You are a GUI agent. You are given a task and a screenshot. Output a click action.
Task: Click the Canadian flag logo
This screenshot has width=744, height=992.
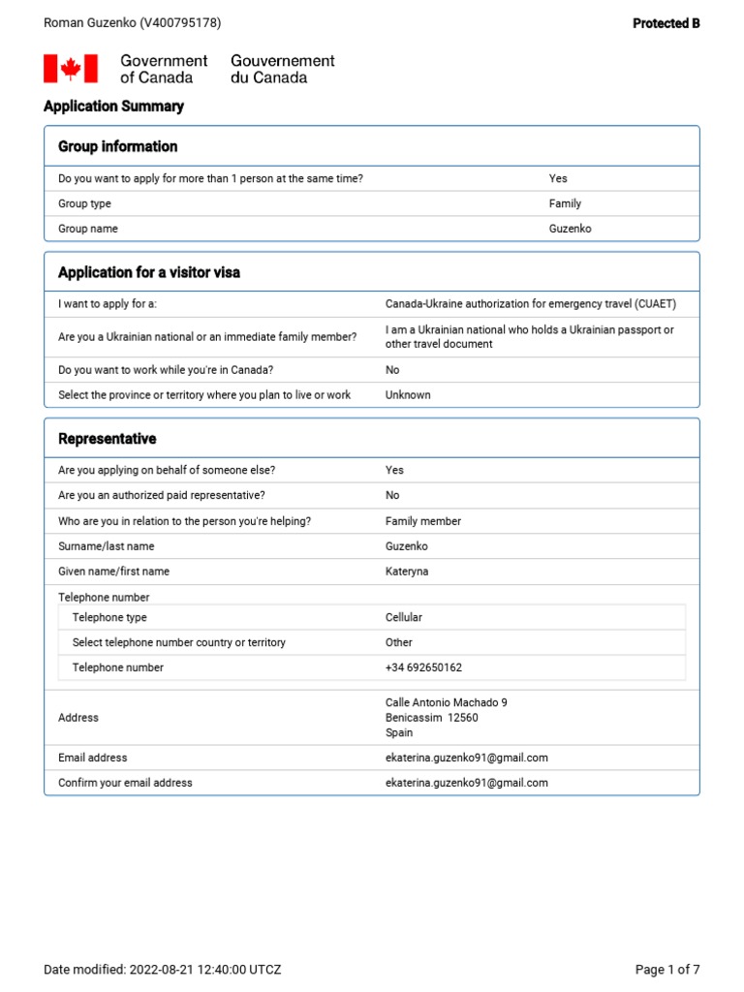coord(71,69)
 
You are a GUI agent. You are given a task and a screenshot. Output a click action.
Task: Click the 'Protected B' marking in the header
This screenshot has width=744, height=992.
coord(666,23)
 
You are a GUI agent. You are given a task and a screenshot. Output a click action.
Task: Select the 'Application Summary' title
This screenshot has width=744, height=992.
coord(113,107)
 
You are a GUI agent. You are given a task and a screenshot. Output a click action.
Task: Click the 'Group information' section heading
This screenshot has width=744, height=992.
coord(117,146)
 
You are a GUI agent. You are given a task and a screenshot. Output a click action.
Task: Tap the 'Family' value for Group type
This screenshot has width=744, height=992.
coord(565,203)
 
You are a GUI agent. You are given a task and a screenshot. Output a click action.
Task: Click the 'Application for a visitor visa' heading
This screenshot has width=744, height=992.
coord(149,272)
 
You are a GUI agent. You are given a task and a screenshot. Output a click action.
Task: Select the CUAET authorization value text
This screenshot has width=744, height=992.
coord(530,304)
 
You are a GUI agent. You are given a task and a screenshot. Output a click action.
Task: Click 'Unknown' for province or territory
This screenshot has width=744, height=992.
coord(408,395)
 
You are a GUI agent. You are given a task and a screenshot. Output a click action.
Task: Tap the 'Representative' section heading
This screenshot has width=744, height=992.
coord(107,439)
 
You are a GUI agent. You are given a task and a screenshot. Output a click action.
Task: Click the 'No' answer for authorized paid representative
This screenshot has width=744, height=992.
coord(392,495)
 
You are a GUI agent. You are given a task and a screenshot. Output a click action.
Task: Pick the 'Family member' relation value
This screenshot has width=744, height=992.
coord(423,521)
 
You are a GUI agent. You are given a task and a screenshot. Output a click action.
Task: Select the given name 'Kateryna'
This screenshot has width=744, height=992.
coord(407,572)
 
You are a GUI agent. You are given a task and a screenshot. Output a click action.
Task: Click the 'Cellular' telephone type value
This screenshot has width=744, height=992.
coord(404,617)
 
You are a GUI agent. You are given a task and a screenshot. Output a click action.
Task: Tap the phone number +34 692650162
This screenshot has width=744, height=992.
coord(423,667)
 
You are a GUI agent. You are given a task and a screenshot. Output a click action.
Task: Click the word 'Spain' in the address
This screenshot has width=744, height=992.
coord(399,733)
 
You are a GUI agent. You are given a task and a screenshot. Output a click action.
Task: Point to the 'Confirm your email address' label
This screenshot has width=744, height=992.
coord(125,783)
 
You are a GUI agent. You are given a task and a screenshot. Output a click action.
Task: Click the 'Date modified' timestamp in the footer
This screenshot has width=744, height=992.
coord(163,970)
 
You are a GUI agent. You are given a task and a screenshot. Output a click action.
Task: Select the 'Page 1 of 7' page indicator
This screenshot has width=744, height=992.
coord(666,970)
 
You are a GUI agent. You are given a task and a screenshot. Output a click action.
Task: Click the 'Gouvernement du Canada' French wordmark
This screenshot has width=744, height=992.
coord(282,69)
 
